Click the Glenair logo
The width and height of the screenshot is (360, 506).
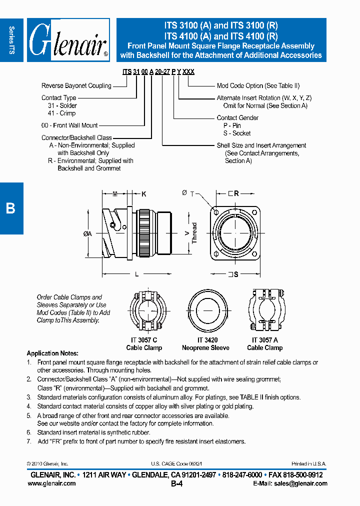click(68, 40)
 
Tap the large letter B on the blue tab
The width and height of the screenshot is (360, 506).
click(10, 208)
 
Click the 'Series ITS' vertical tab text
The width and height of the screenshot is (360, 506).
click(11, 40)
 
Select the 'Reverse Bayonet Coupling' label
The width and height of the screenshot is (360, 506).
click(76, 86)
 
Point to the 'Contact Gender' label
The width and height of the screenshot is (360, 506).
click(237, 118)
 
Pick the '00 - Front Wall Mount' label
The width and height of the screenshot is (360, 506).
click(69, 125)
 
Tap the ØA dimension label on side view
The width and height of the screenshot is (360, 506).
click(87, 233)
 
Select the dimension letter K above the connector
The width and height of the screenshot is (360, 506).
click(143, 193)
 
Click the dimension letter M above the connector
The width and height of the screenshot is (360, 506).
click(115, 193)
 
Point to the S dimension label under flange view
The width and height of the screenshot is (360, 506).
click(235, 274)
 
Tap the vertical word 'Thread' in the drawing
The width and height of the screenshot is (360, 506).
click(194, 233)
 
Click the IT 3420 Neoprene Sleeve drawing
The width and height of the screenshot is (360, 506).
click(205, 311)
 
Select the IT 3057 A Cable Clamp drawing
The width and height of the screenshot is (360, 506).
click(265, 311)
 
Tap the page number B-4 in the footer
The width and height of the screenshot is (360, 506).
click(177, 484)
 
